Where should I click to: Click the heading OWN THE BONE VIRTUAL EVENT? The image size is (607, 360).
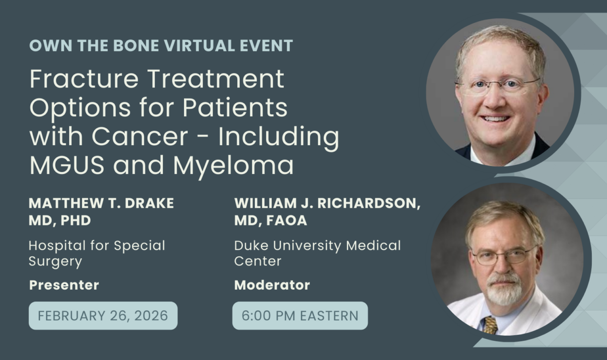[x=161, y=46]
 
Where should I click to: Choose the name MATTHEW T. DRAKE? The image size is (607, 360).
[x=101, y=203]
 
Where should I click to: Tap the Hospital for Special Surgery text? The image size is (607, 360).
[x=97, y=254]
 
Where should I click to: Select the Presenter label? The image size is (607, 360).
[x=64, y=285]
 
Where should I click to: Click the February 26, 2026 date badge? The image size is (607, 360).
[x=103, y=316]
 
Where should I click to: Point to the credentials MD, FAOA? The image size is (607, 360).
[x=270, y=220]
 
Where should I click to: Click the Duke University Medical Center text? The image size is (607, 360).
[x=317, y=254]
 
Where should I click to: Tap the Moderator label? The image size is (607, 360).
[x=272, y=285]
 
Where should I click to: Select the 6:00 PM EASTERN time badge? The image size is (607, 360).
[x=300, y=316]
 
